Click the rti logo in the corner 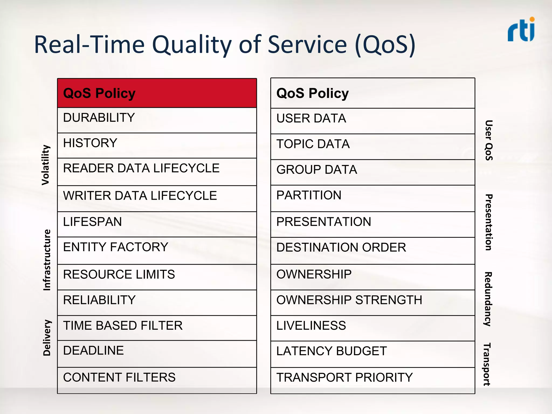(x=521, y=30)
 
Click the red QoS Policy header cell (x=157, y=93)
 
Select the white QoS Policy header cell (x=372, y=93)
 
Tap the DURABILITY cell (x=157, y=120)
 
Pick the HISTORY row (x=157, y=145)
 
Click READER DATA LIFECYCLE (x=157, y=171)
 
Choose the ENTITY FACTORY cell (x=157, y=250)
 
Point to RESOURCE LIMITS (x=157, y=277)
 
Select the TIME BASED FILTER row (x=157, y=328)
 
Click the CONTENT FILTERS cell (x=157, y=380)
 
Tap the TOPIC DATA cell (x=372, y=146)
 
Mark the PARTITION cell (x=372, y=198)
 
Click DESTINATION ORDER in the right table (x=372, y=250)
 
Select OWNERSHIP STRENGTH (x=372, y=302)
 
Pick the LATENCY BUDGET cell (x=372, y=354)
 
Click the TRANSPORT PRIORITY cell (x=372, y=380)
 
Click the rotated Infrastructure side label (x=47, y=260)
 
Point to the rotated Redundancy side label (x=488, y=299)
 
